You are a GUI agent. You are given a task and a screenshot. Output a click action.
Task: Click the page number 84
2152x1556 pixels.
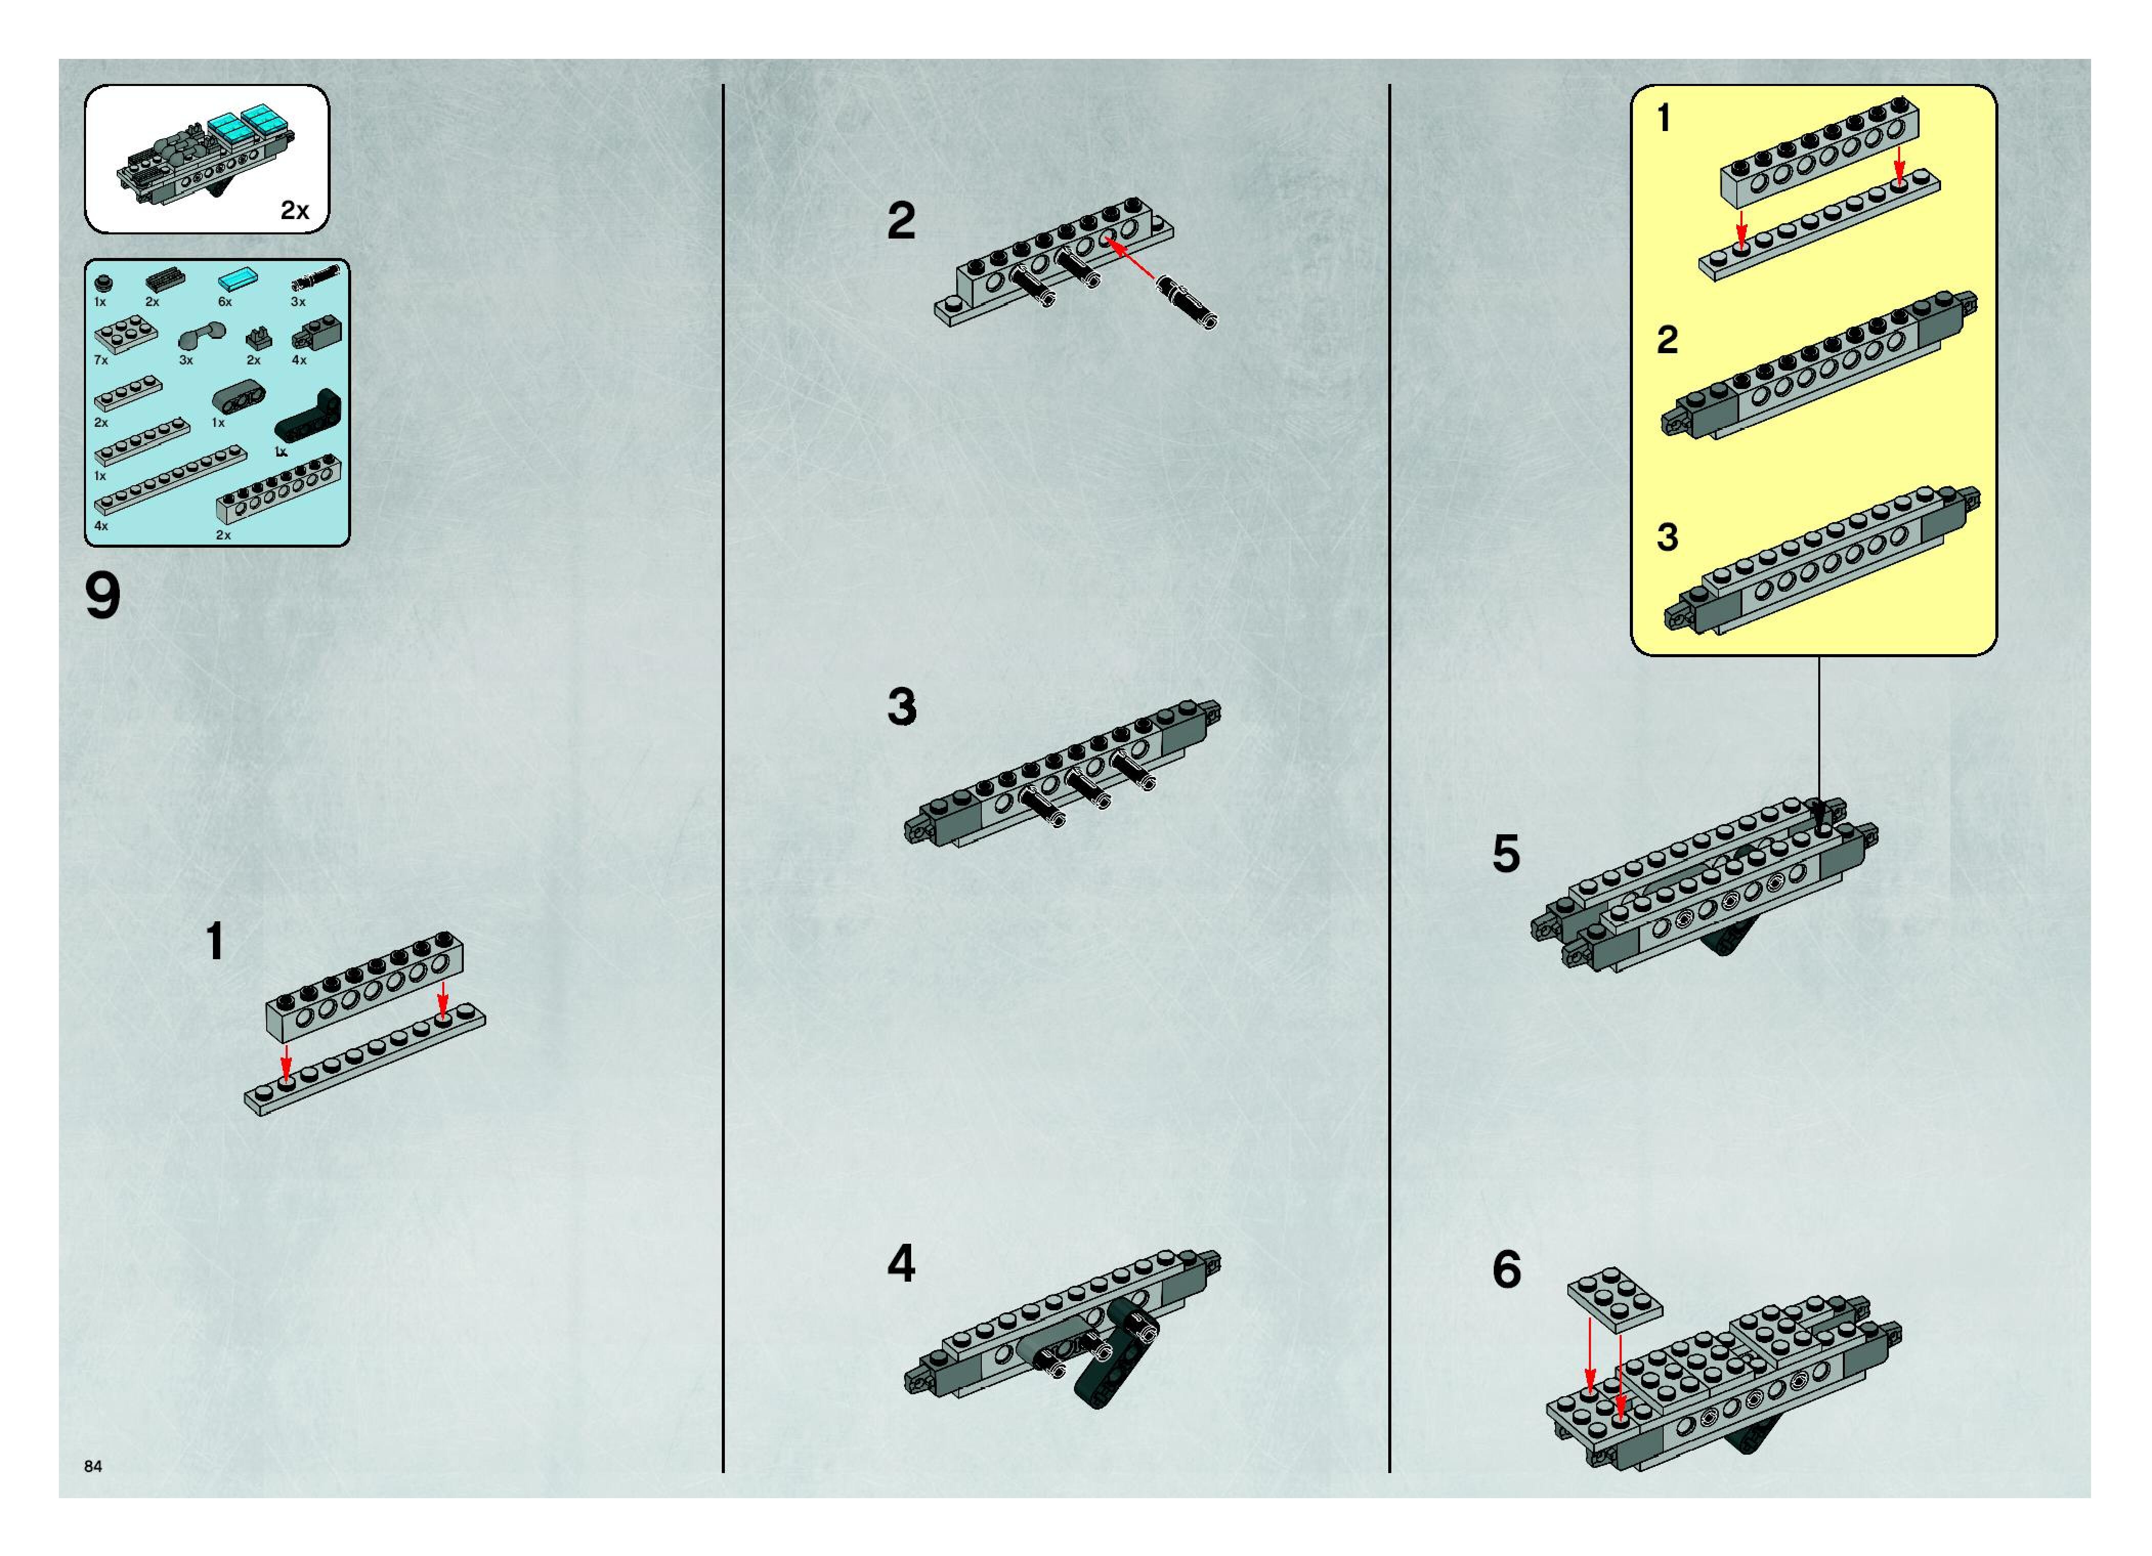click(93, 1466)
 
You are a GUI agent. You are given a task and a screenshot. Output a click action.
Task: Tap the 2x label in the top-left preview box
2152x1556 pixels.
click(295, 211)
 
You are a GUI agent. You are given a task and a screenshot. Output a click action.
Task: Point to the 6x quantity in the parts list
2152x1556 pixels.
click(225, 301)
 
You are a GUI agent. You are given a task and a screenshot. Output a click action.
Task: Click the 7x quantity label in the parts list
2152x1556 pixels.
click(101, 360)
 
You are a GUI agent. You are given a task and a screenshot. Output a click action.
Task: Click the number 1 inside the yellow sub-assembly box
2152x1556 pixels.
click(1664, 120)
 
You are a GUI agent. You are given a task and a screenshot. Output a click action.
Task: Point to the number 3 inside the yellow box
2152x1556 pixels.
click(1667, 537)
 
